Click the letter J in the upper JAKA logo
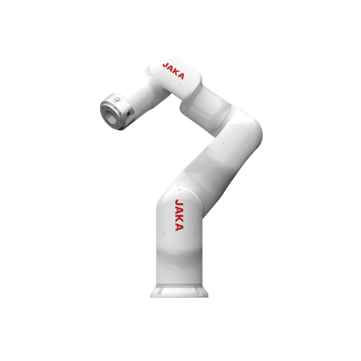pyautogui.click(x=165, y=65)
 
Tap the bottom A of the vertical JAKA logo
pyautogui.click(x=179, y=227)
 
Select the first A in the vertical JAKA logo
pyautogui.click(x=179, y=210)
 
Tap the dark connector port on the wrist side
pyautogui.click(x=128, y=113)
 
